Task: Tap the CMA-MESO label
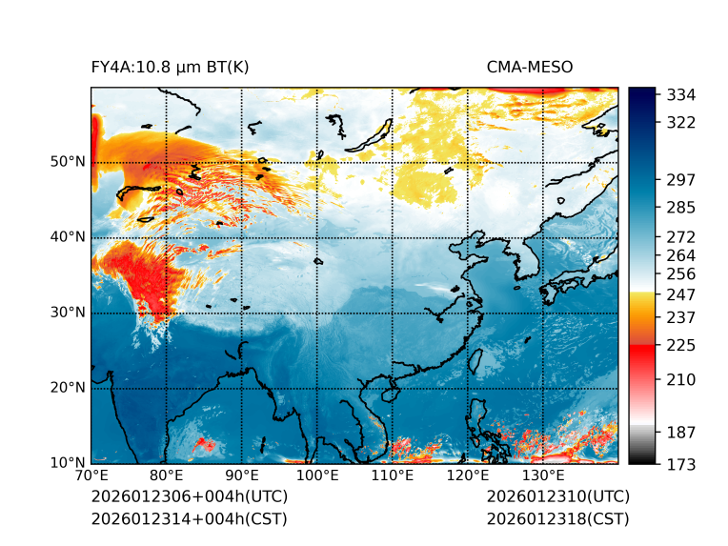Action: pos(529,68)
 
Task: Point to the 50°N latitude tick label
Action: pos(68,162)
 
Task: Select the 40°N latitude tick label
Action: pos(68,237)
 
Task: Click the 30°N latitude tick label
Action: pos(68,313)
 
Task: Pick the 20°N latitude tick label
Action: pos(68,388)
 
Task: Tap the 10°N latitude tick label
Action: pos(68,463)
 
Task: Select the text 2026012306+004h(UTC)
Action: pos(189,497)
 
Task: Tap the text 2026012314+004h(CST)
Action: pos(189,519)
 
